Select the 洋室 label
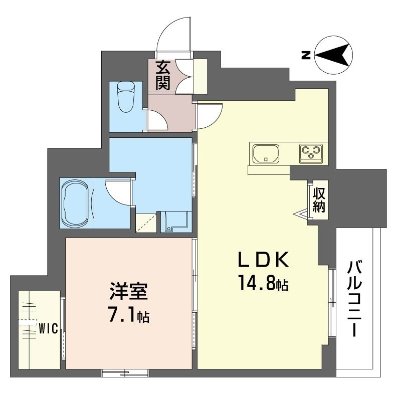pos(129,293)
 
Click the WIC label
pos(49,329)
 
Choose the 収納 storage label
pos(319,199)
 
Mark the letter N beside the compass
pos(305,55)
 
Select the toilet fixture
pos(125,97)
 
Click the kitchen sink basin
pos(266,153)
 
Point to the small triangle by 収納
pos(302,215)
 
